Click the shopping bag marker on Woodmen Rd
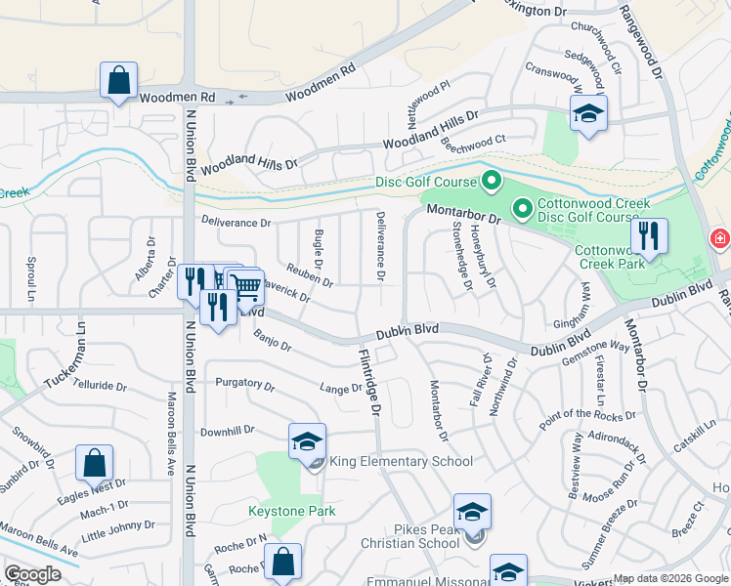tap(118, 81)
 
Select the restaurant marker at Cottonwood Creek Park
tap(649, 236)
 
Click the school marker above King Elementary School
tap(307, 441)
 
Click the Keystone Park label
tap(292, 511)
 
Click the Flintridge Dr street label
tap(368, 382)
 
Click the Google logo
tap(32, 574)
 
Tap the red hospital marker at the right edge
tap(720, 238)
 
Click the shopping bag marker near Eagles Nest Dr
tap(95, 464)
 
